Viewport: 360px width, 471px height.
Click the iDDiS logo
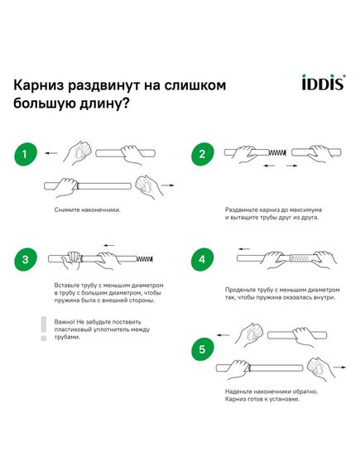pos(324,82)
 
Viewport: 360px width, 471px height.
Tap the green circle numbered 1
pos(25,154)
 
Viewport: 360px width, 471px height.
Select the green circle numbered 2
pos(203,154)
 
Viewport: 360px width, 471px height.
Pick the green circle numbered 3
pos(25,259)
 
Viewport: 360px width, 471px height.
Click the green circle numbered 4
pos(203,259)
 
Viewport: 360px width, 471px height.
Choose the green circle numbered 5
pos(203,349)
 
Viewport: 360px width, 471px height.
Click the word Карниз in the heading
pos(38,85)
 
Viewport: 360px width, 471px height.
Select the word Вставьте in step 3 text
pos(66,285)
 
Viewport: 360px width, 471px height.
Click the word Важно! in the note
pos(65,322)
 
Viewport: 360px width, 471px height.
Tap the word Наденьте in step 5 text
pos(238,392)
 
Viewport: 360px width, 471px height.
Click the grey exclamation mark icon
pos(44,329)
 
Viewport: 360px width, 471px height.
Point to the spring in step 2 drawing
pos(277,152)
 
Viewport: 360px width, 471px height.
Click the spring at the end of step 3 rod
pos(145,258)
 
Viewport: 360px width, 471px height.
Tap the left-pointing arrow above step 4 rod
pos(244,248)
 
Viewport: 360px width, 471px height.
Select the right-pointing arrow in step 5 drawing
pos(340,367)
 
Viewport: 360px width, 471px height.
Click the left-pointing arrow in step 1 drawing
pos(50,153)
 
